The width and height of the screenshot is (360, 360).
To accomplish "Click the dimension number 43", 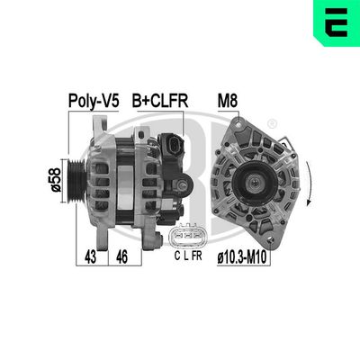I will pyautogui.click(x=91, y=257).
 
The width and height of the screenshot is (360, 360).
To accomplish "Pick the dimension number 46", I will pyautogui.click(x=121, y=257).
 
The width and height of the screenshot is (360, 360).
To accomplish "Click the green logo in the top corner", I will pyautogui.click(x=336, y=22).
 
